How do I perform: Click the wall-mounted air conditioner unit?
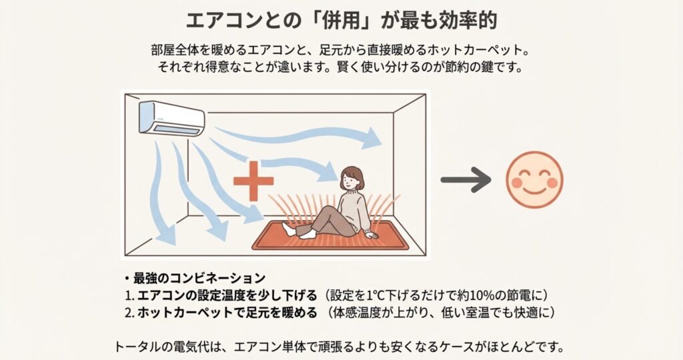[171, 118]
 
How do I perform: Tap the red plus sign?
[253, 181]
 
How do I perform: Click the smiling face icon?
[534, 180]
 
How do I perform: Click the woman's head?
[351, 177]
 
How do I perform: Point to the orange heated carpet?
[331, 235]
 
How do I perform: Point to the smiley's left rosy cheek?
[517, 183]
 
